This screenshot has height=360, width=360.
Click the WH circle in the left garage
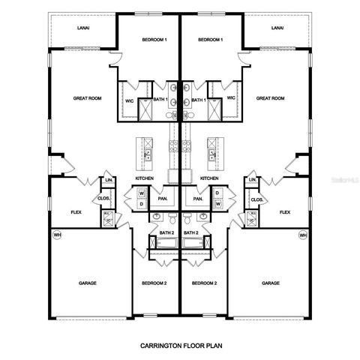[x=56, y=235]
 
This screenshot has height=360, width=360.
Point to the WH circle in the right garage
[x=304, y=235]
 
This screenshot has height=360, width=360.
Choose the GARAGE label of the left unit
[x=88, y=283]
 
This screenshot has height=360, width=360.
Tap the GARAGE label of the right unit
[x=271, y=283]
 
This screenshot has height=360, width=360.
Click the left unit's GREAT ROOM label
[x=88, y=98]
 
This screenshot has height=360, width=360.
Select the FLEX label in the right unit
[x=285, y=212]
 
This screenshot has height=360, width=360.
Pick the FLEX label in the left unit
[x=75, y=212]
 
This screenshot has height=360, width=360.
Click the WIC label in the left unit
[x=128, y=98]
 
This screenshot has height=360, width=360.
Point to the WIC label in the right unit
[x=231, y=98]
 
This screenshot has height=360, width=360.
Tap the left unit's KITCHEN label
[x=145, y=178]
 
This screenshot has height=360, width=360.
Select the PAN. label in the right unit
[x=198, y=199]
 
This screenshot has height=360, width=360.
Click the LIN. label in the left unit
[x=109, y=181]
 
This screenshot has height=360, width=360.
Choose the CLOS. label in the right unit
[x=256, y=199]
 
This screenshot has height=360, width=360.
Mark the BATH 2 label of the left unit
[x=166, y=232]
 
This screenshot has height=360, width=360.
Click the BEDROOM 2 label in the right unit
[x=204, y=283]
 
